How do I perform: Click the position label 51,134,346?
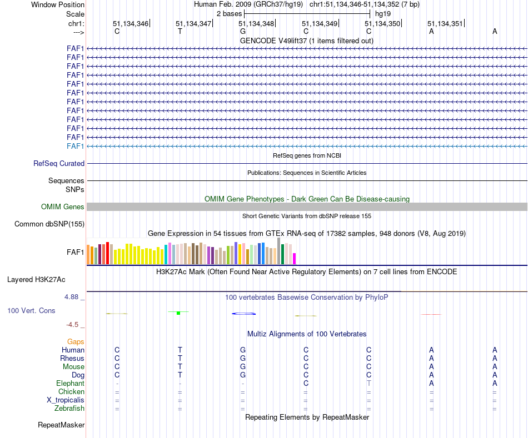coord(131,24)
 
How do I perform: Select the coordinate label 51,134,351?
coord(445,24)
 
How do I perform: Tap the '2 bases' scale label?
coord(229,13)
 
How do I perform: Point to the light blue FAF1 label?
coord(75,146)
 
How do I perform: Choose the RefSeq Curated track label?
coord(59,164)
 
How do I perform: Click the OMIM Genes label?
coord(63,207)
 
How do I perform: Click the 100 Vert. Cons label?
coord(31,311)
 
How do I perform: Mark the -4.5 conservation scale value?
coord(74,325)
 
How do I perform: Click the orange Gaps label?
coord(76,342)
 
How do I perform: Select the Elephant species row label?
coord(70,384)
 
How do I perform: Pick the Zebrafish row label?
coord(69,409)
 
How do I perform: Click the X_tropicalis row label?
coord(66,400)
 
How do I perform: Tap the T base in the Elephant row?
coord(368,384)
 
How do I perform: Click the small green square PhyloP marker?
coord(178,314)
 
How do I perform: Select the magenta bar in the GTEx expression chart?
coord(295,259)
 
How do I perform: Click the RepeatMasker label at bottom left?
coord(61,425)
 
